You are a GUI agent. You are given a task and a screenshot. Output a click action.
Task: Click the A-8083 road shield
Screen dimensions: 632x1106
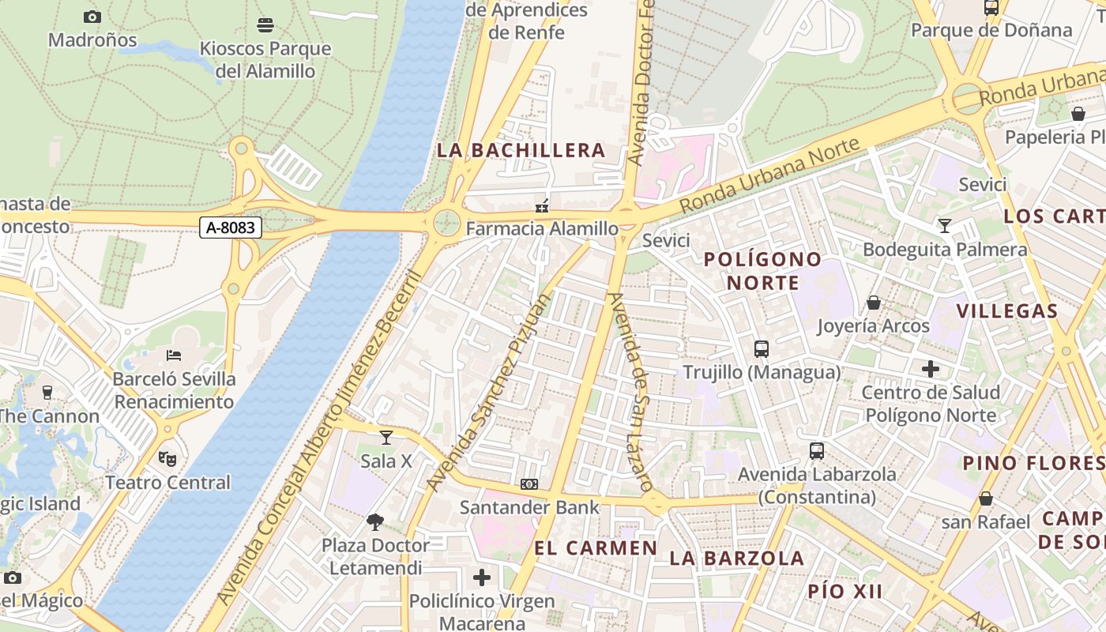tap(230, 228)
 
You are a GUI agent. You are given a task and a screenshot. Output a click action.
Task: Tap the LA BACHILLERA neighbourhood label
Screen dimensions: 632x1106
tap(521, 150)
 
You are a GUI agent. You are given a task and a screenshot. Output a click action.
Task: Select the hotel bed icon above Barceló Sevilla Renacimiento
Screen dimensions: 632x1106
tap(174, 355)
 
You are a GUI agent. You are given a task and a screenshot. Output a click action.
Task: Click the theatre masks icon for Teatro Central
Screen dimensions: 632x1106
tap(167, 458)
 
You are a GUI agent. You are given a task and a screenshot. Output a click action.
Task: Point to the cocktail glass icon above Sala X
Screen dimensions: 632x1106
tap(386, 437)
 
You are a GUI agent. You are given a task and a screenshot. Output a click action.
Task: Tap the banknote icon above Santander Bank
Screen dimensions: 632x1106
tap(529, 483)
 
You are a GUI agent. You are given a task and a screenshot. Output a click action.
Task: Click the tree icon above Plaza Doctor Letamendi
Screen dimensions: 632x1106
tap(375, 521)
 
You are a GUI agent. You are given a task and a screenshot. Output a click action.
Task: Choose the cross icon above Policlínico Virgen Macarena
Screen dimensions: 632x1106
tap(482, 577)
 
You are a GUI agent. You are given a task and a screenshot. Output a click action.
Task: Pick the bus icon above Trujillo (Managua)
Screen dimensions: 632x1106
tap(762, 348)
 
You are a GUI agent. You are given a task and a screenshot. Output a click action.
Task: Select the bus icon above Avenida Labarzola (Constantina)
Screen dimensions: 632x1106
tap(817, 451)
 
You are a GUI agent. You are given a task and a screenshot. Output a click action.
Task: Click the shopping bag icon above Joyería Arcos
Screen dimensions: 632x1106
tap(874, 303)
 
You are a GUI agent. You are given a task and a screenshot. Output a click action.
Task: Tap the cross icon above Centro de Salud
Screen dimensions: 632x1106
tap(931, 368)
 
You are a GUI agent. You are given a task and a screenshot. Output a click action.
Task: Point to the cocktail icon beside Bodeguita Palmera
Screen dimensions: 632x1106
tap(945, 226)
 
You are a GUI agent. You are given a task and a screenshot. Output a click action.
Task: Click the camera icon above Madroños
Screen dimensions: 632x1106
tap(92, 17)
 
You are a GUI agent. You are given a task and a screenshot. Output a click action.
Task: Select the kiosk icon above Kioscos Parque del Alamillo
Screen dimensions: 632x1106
tap(265, 25)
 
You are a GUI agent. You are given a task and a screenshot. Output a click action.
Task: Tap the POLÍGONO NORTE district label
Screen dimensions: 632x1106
tap(762, 271)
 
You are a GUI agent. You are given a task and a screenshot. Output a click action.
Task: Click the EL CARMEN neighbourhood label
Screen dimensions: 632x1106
tap(596, 548)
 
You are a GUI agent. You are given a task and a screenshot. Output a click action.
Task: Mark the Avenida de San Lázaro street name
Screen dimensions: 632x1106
tap(630, 391)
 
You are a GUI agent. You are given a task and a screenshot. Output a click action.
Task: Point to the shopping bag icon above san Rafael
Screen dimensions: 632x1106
tap(985, 498)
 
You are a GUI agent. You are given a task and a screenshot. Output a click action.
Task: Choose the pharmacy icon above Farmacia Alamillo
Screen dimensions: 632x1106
tap(542, 205)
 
